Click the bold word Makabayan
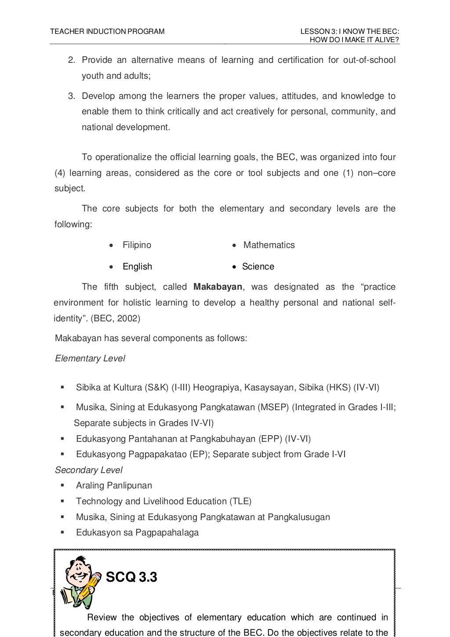coord(218,287)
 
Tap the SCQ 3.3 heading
coord(131,577)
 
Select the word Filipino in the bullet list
coord(137,245)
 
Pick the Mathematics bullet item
coord(269,245)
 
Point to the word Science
coord(258,267)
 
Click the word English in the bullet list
coord(137,267)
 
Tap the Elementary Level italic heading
coord(90,359)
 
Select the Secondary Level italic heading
coord(88,470)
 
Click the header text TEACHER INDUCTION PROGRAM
coord(107,32)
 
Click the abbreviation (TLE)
coord(240,502)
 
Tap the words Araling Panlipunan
coord(114,486)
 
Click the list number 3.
coord(71,96)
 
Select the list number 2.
coord(71,60)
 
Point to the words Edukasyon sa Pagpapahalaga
coord(137,533)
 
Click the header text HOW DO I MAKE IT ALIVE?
coord(354,40)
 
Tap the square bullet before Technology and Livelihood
coord(62,501)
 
